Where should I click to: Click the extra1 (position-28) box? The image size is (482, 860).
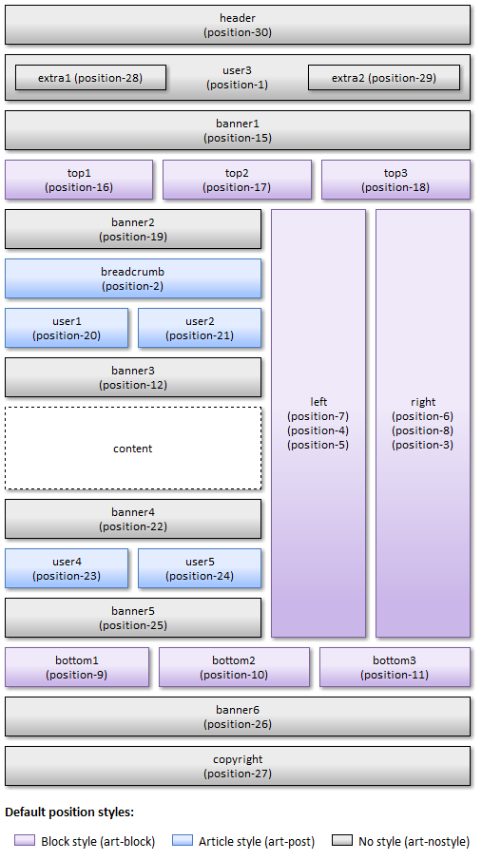[90, 77]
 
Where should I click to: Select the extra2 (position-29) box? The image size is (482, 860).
[384, 77]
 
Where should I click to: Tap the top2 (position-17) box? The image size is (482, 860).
[237, 180]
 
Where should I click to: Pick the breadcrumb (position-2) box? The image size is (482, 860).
[133, 278]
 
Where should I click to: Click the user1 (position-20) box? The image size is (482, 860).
[67, 328]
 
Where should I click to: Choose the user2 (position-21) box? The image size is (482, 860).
[200, 328]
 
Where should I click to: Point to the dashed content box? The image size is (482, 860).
[133, 449]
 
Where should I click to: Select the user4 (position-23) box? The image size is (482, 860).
[67, 568]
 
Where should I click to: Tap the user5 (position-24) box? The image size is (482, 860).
[200, 568]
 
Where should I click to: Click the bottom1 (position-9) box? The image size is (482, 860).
[77, 667]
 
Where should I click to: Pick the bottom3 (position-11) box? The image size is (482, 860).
[395, 667]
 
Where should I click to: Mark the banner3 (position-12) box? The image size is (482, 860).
[133, 377]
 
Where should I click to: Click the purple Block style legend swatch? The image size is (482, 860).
[25, 840]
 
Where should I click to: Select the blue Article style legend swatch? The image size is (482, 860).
[183, 840]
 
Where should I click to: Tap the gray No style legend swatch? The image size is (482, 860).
[342, 840]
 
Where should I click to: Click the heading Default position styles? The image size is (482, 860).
[69, 812]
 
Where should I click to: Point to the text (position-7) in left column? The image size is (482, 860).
[318, 416]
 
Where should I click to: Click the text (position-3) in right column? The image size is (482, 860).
[423, 445]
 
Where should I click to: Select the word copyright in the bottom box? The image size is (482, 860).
[238, 759]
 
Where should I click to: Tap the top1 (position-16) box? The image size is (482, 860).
[79, 180]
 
